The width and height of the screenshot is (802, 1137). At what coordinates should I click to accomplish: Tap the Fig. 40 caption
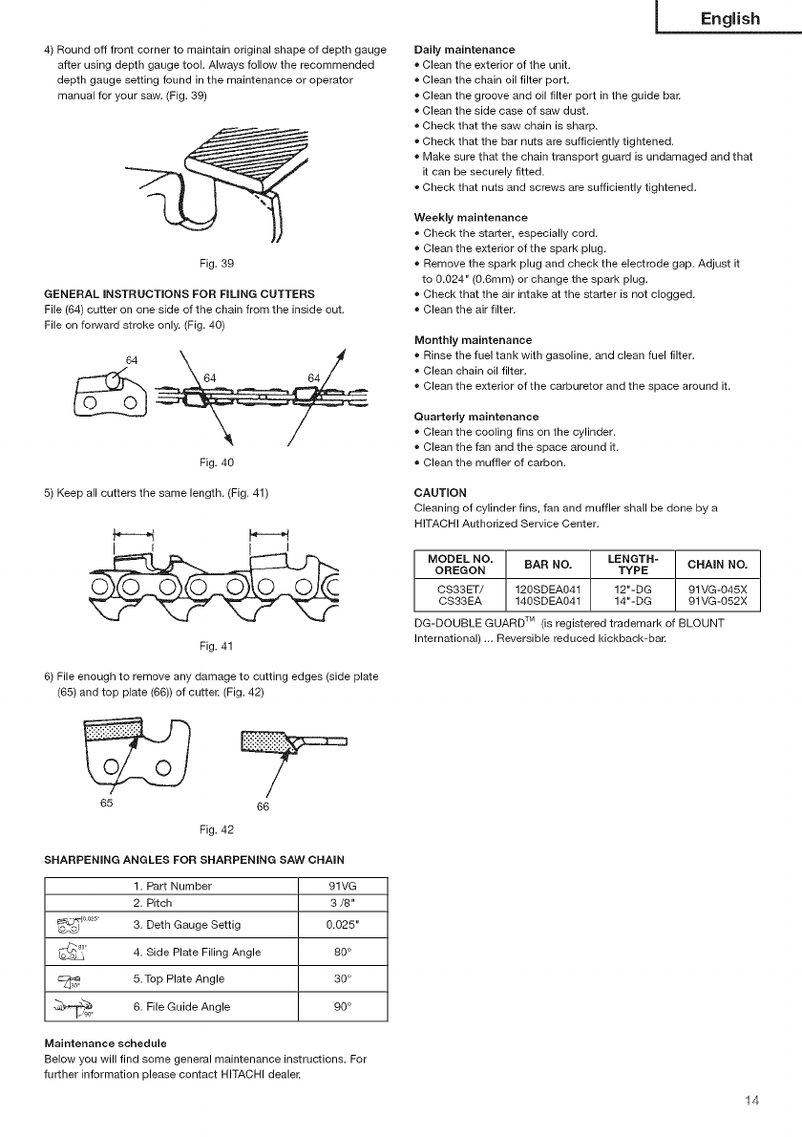pos(216,462)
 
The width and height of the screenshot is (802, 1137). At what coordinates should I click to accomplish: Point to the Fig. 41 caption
pos(216,645)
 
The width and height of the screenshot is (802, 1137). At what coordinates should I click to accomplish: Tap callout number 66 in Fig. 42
pos(263,805)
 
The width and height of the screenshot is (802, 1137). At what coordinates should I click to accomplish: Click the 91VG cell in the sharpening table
pos(342,886)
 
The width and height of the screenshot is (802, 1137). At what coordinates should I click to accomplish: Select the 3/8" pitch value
pos(342,903)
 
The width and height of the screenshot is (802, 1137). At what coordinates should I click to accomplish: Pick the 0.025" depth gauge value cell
pos(342,925)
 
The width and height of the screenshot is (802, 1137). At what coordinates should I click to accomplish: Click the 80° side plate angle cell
pos(342,952)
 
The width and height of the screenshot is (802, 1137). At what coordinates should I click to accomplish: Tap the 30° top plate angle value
pos(342,978)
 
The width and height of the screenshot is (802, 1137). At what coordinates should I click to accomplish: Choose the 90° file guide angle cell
pos(342,1006)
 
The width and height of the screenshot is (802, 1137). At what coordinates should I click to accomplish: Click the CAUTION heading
pos(434,493)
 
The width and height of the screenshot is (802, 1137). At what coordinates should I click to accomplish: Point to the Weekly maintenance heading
pos(471,218)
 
